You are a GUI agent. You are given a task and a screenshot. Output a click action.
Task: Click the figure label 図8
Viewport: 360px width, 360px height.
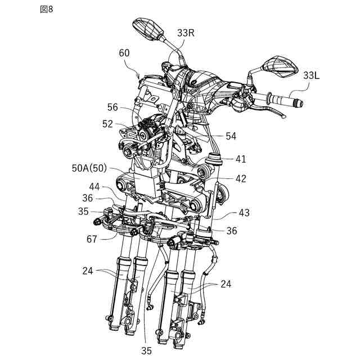coord(47,10)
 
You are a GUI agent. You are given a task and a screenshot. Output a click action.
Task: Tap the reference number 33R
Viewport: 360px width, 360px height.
coord(186,33)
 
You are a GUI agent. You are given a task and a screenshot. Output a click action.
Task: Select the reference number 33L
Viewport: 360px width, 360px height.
coord(311,75)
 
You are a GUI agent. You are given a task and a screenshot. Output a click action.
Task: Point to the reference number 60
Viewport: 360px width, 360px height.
coord(124,53)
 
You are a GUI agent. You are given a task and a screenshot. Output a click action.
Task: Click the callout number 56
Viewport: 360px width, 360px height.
coord(113,106)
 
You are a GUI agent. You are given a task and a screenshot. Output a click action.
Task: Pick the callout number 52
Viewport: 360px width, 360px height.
coord(107,124)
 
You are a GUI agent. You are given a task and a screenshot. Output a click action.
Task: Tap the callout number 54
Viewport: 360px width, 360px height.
coord(231,136)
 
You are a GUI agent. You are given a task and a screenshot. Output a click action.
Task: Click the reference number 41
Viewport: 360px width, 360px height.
coord(241,159)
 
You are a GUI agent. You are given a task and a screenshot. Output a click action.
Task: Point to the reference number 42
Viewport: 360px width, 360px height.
coord(240,178)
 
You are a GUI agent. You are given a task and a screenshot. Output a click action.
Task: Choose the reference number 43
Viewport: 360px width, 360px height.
coord(244,213)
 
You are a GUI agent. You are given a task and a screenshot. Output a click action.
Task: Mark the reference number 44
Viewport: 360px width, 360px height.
coord(94,186)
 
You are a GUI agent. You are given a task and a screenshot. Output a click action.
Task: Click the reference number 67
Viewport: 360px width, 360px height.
coord(92,239)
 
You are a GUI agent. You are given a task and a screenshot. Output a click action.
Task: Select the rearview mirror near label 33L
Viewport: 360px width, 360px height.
coord(280,65)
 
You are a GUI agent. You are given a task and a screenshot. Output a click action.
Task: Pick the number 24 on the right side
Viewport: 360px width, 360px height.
coord(226,284)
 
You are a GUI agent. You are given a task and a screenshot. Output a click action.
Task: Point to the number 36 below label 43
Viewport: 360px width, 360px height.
coord(232,230)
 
